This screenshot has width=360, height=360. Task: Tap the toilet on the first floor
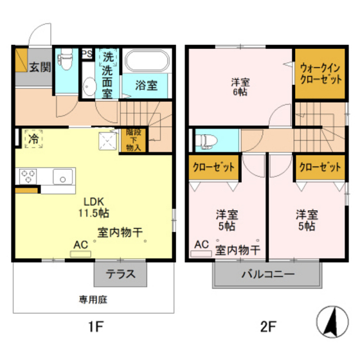click(x=65, y=62)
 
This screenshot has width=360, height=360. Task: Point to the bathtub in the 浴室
click(x=147, y=61)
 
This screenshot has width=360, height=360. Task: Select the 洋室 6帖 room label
click(x=241, y=86)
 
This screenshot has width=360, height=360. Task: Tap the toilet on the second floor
click(x=204, y=139)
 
